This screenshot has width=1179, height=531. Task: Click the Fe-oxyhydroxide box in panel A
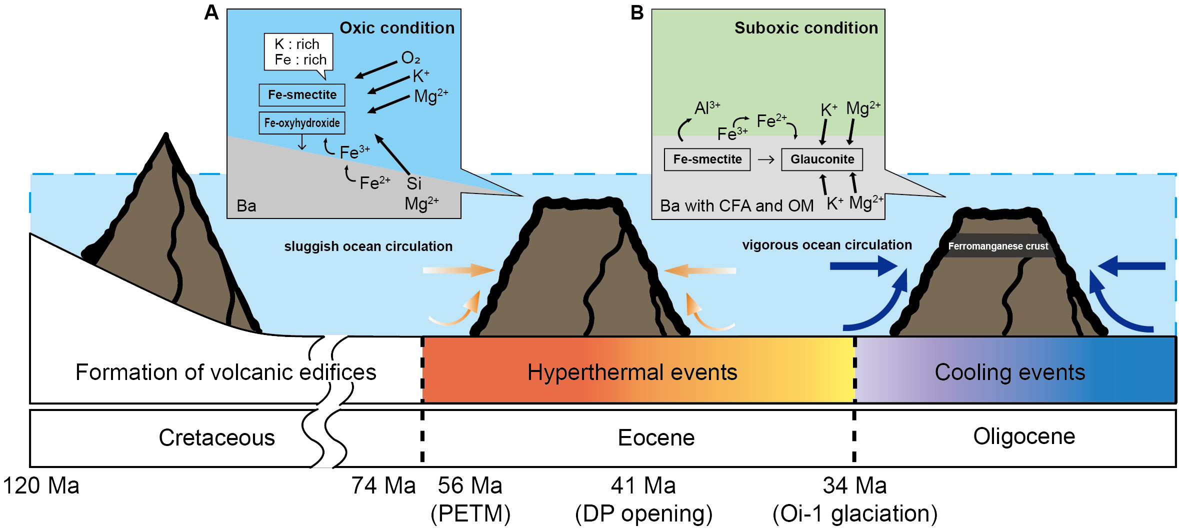[x=301, y=123]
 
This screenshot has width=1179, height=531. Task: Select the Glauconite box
[x=821, y=159]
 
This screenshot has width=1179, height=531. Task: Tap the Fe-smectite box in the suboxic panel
[x=707, y=159]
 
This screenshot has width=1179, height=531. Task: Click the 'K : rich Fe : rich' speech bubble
[x=299, y=52]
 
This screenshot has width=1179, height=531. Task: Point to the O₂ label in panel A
[x=410, y=58]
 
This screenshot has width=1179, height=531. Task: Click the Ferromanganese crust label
[x=997, y=246]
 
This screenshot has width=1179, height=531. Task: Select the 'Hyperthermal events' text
[x=632, y=372]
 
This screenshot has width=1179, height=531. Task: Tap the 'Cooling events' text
[x=1009, y=372]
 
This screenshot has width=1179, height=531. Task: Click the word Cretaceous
[x=216, y=437]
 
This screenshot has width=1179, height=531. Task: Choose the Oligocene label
[x=1023, y=436]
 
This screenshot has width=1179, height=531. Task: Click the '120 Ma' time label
[x=41, y=485]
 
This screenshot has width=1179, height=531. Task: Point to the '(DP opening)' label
[x=643, y=513]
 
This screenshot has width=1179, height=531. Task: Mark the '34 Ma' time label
[x=854, y=485]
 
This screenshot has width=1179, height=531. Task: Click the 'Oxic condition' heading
[x=397, y=28]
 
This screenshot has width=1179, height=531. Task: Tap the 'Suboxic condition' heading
[x=805, y=28]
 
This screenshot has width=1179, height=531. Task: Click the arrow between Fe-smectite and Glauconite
[x=765, y=159]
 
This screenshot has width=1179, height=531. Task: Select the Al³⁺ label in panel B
[x=706, y=107]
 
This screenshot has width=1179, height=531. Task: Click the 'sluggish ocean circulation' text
[x=368, y=246]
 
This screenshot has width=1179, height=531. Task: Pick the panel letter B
[x=636, y=12]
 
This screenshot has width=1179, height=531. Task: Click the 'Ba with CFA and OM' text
[x=736, y=205]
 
